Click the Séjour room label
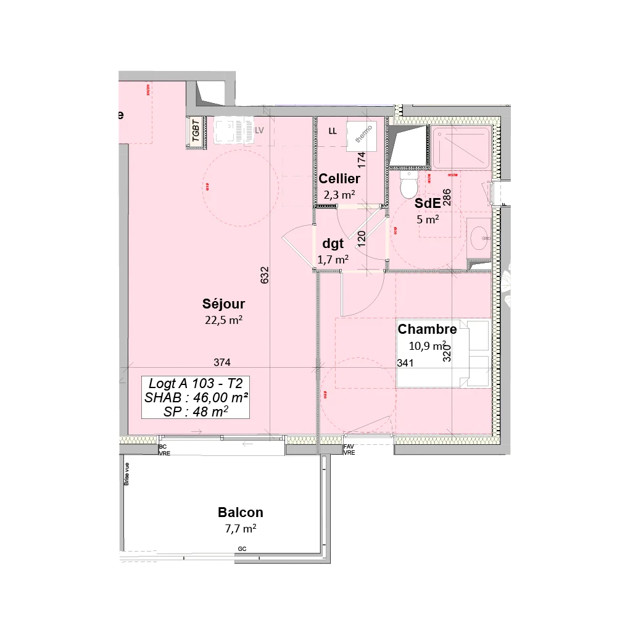223,304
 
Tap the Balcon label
240,513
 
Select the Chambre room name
427,329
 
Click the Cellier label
339,179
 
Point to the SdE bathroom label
427,203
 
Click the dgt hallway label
333,244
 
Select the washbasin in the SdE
479,235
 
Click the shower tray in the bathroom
461,147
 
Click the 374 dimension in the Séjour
222,362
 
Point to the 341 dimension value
405,363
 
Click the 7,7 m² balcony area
240,529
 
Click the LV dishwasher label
259,131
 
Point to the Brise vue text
127,474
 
